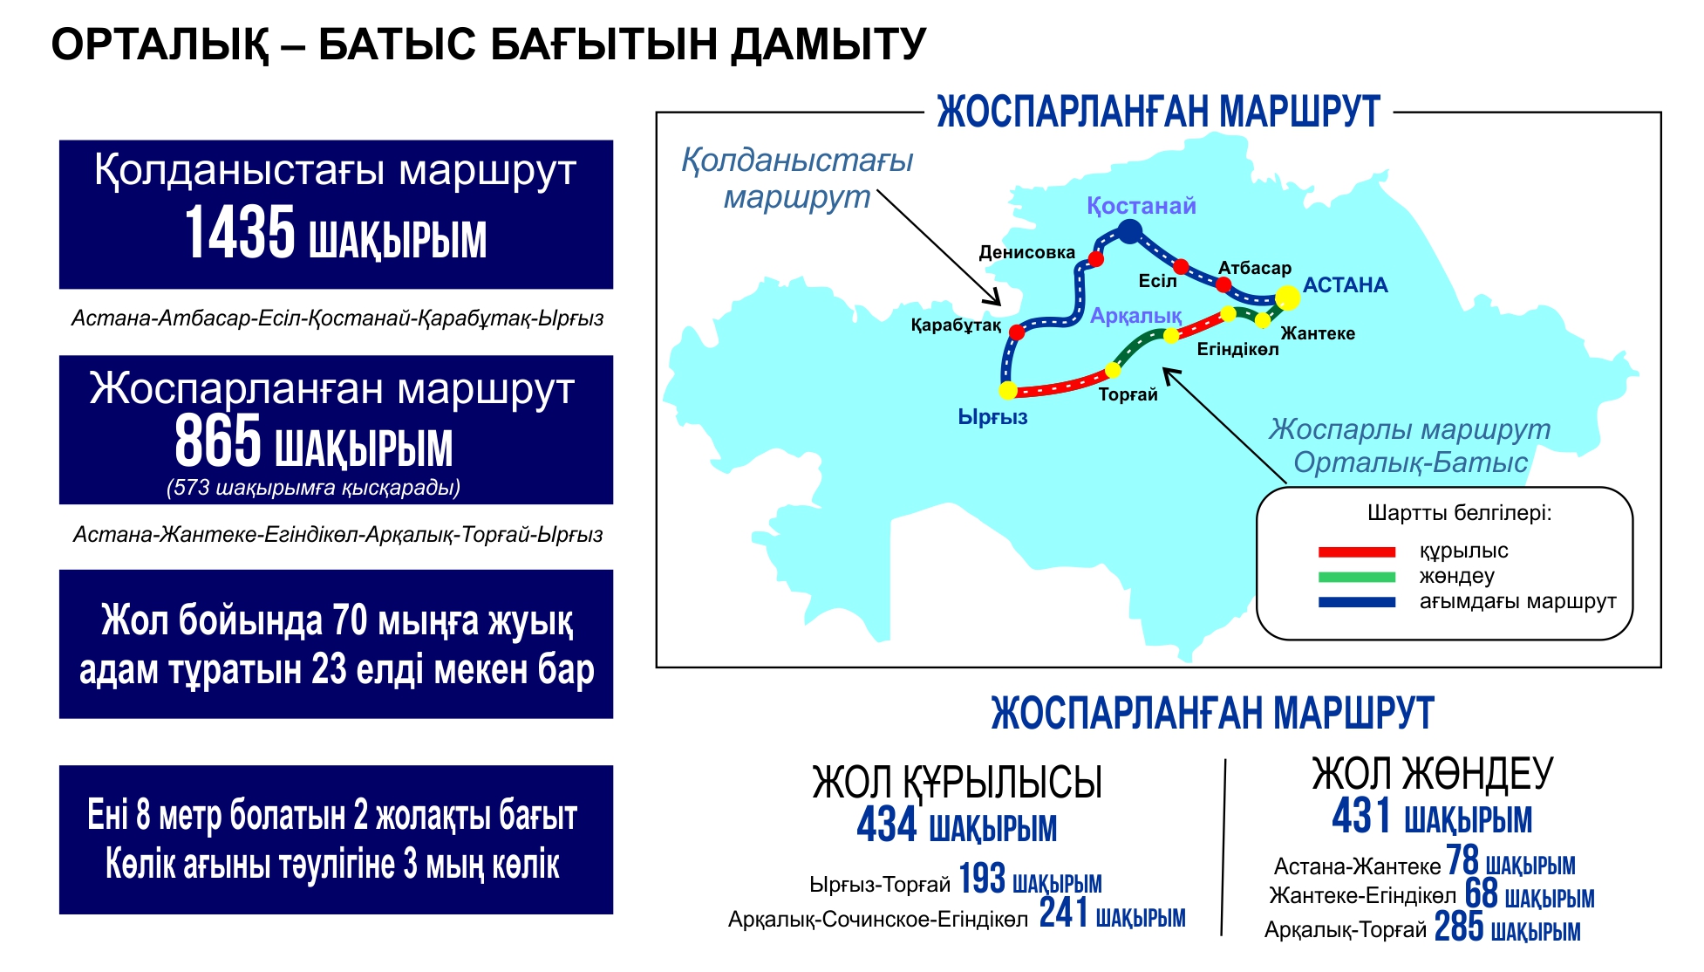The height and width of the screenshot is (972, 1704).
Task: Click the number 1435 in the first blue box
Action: tap(240, 234)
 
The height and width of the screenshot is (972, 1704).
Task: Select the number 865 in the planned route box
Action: tap(218, 442)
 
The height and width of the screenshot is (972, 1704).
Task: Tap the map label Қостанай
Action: tap(1141, 207)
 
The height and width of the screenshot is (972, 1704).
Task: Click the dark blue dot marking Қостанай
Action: tap(1129, 231)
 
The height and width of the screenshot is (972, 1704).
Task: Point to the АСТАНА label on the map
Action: tap(1345, 285)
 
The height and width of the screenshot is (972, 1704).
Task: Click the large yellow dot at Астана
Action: tap(1287, 298)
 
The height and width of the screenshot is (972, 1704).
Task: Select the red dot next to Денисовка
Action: tap(1096, 259)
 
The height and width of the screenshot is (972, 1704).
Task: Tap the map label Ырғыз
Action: tap(992, 418)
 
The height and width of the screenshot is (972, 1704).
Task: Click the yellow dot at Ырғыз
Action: tap(1008, 390)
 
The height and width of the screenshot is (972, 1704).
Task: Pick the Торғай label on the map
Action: tap(1128, 395)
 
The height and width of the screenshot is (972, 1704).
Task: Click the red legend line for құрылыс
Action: tap(1356, 552)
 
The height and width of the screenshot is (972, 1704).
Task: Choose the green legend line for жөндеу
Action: tap(1356, 577)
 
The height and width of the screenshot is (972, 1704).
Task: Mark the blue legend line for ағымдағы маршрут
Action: tap(1356, 602)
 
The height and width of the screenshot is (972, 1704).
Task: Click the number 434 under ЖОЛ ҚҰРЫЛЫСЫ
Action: tap(887, 825)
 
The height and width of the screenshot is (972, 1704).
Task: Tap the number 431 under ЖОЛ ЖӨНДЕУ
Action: tap(1361, 817)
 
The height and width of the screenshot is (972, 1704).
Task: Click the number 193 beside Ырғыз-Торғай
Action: tap(982, 880)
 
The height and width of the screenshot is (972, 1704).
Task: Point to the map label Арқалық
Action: tap(1135, 316)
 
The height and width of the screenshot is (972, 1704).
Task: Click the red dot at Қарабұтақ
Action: tap(1017, 332)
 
